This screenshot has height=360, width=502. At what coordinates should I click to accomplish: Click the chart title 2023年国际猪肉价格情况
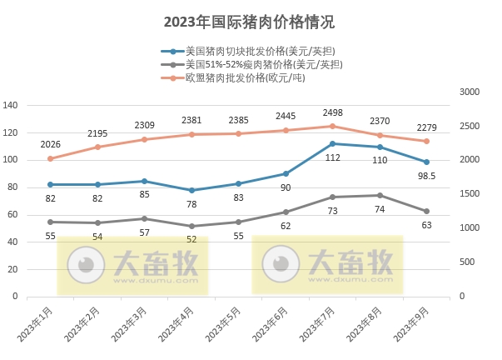(x=250, y=21)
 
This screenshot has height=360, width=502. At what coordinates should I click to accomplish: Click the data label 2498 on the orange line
(x=333, y=112)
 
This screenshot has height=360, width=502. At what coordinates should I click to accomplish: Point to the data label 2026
(x=50, y=143)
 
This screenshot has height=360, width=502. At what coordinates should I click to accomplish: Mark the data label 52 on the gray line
(x=192, y=239)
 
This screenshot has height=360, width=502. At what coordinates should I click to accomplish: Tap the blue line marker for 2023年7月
(x=333, y=143)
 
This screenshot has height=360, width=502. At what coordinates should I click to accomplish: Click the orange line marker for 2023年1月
(x=50, y=158)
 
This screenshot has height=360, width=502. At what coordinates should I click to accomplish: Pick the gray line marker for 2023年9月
(x=427, y=211)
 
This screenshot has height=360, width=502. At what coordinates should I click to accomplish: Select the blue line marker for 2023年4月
(x=191, y=190)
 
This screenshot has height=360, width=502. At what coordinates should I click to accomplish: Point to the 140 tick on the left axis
(x=11, y=105)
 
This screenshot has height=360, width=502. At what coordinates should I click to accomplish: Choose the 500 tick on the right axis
(x=465, y=262)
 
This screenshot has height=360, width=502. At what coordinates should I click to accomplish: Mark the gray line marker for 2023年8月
(x=380, y=196)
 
